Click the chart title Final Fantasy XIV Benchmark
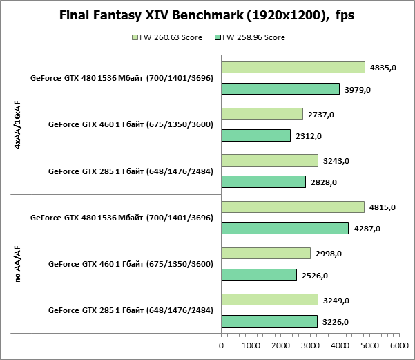[207, 15]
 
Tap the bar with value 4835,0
[293, 67]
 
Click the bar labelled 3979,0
[280, 88]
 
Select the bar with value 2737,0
[262, 114]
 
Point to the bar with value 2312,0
[255, 135]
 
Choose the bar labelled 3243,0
[269, 160]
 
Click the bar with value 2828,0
[263, 182]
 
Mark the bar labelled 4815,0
[293, 207]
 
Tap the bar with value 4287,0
[284, 228]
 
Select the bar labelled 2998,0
[266, 254]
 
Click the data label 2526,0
[315, 275]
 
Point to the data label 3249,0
[336, 301]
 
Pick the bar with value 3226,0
[269, 321]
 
